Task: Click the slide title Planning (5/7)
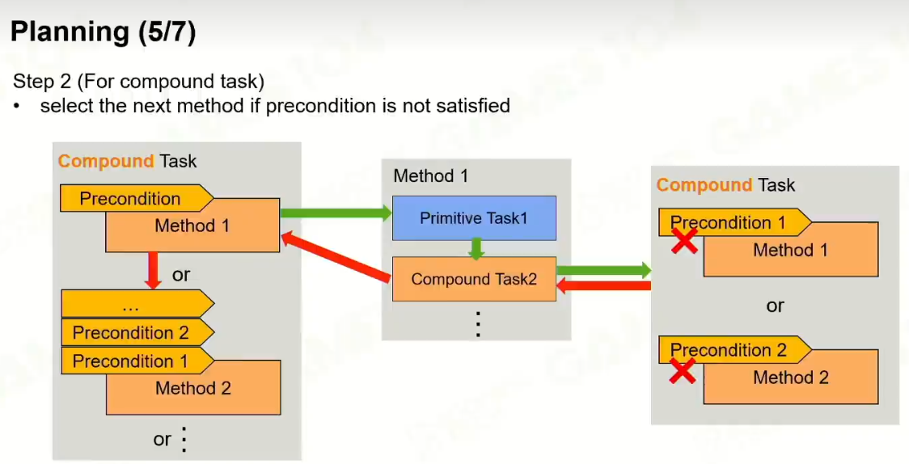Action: pyautogui.click(x=103, y=32)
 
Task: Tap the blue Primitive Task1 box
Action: pyautogui.click(x=474, y=218)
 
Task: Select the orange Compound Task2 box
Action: pyautogui.click(x=474, y=279)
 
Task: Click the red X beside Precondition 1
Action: pyautogui.click(x=684, y=239)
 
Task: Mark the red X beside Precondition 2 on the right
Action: pyautogui.click(x=683, y=371)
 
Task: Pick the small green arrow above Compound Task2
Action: pyautogui.click(x=476, y=248)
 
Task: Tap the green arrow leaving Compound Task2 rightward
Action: pyautogui.click(x=603, y=270)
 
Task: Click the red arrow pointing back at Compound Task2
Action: pyautogui.click(x=603, y=285)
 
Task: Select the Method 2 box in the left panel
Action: pyautogui.click(x=192, y=388)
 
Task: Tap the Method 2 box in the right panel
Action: pyautogui.click(x=790, y=378)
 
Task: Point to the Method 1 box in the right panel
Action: pyautogui.click(x=790, y=251)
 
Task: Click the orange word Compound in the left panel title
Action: pyautogui.click(x=105, y=161)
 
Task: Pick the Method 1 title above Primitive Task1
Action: pyautogui.click(x=430, y=175)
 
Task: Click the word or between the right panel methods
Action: pyautogui.click(x=775, y=306)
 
